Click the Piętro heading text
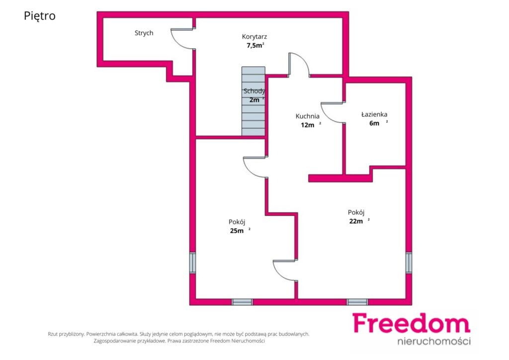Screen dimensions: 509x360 point(40,16)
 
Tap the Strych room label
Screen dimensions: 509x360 point(144,33)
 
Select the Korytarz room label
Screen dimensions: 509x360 point(254,37)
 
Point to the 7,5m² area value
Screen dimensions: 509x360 point(255,45)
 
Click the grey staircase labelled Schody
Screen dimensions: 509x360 point(253,101)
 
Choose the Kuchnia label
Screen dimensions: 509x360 point(307,116)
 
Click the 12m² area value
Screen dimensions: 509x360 point(311,125)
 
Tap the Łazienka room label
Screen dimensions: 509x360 point(374,114)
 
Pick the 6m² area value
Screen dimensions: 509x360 point(378,123)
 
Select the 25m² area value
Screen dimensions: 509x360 point(240,231)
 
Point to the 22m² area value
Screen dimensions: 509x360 point(359,221)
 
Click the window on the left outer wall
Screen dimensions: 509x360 point(192,263)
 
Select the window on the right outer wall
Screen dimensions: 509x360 point(409,263)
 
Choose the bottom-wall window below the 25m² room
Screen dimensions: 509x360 point(242,302)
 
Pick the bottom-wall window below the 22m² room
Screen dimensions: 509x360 point(357,302)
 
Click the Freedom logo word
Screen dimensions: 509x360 point(411,323)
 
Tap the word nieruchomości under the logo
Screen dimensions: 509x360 point(434,341)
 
